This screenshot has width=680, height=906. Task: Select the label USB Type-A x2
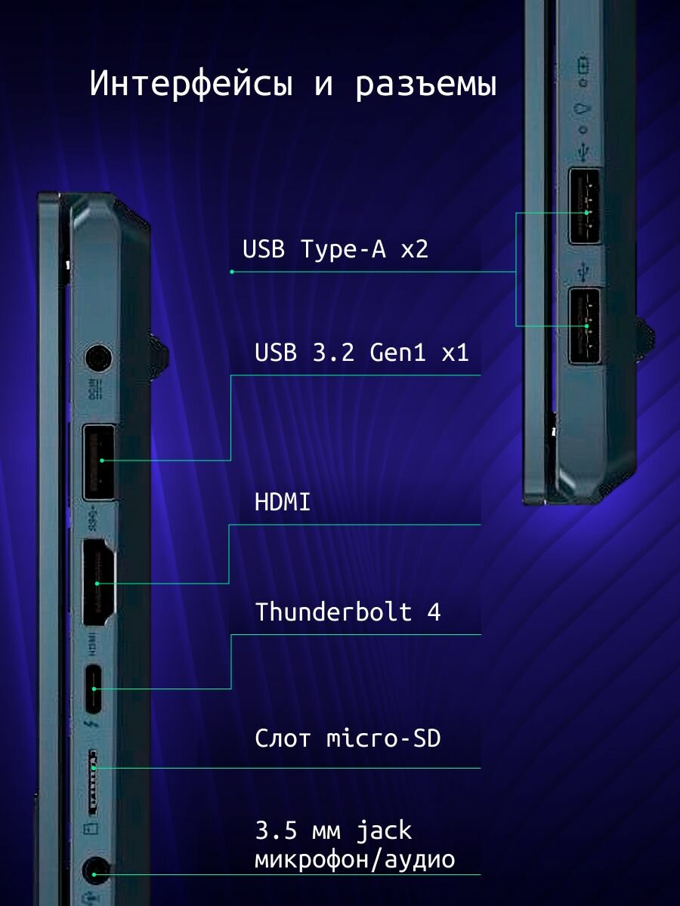point(335,249)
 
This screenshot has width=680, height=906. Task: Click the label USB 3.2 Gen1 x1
point(362,352)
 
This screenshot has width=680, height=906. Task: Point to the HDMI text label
point(283,502)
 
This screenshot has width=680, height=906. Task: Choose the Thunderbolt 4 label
point(348,612)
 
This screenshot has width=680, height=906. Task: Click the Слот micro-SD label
point(348,738)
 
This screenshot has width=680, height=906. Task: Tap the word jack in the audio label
point(385,831)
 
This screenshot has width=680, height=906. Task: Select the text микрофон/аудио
point(355,859)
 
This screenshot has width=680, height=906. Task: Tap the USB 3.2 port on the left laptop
point(98,461)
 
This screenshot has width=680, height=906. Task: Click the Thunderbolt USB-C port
point(94,688)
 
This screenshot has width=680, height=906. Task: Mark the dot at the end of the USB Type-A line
point(232,271)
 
